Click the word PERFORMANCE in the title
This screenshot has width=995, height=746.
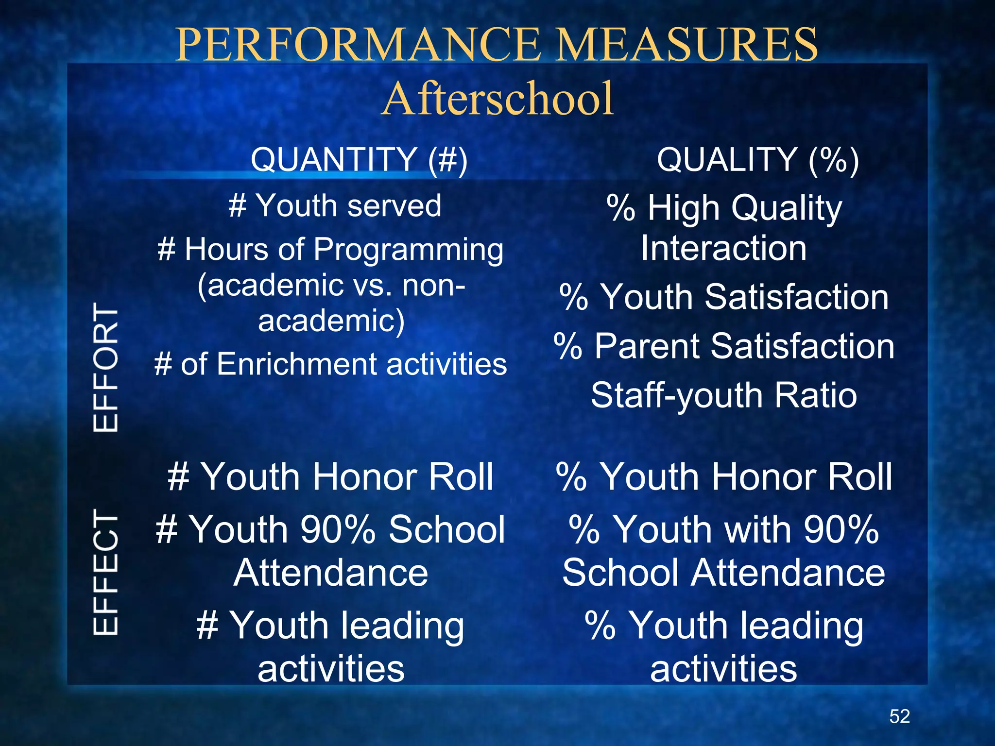358,45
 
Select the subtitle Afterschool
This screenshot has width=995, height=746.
498,99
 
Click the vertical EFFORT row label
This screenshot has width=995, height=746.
105,367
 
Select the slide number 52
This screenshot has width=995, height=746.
899,716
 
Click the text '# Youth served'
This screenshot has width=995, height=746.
335,205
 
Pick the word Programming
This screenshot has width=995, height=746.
408,251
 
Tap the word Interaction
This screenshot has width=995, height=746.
723,248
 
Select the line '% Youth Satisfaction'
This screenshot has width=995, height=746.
723,297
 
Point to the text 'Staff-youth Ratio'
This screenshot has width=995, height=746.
723,395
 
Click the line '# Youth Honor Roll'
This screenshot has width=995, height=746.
330,477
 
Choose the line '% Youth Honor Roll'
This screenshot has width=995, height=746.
723,477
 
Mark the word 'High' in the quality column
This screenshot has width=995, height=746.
683,208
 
